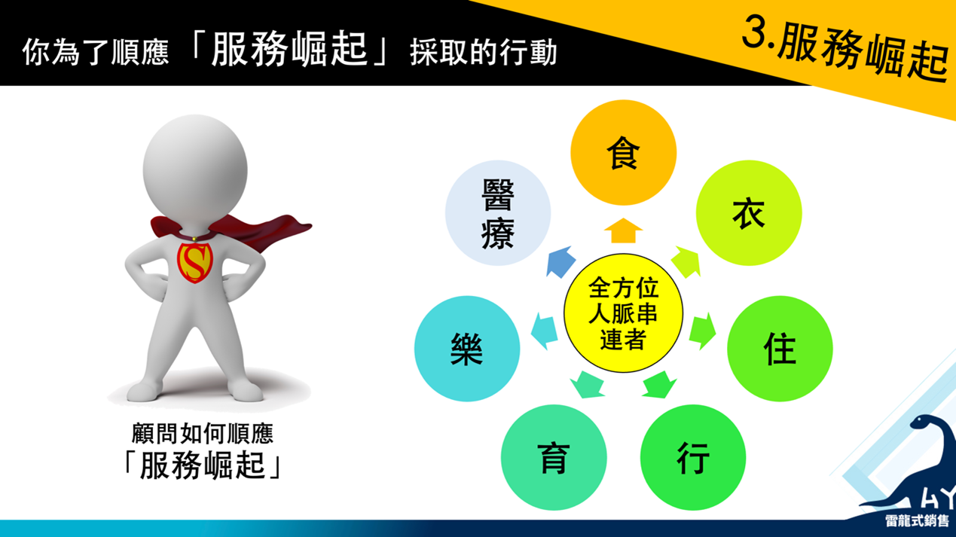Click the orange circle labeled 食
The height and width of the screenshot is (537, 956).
[x=623, y=153]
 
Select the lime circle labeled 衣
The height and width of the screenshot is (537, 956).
[x=749, y=213]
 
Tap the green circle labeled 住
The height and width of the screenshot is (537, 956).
[x=780, y=349]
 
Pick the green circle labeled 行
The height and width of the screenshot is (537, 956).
[x=693, y=457]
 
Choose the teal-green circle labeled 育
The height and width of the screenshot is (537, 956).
[x=554, y=457]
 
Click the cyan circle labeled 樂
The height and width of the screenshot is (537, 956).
[x=467, y=349]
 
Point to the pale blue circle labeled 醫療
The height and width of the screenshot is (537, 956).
[x=498, y=213]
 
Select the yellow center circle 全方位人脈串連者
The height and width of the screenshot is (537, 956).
[x=623, y=313]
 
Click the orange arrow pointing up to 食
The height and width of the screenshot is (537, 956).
[x=623, y=230]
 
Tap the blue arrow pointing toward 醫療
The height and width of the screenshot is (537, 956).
[x=560, y=262]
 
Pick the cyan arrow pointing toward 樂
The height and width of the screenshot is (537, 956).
[x=544, y=331]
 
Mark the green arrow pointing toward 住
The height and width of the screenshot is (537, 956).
[x=702, y=331]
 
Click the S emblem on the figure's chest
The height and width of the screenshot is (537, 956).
[x=194, y=263]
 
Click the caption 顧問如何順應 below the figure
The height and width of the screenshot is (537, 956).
[x=203, y=433]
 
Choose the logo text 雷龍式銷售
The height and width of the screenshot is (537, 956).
[x=917, y=520]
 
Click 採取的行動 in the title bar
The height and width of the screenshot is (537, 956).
[x=483, y=53]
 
